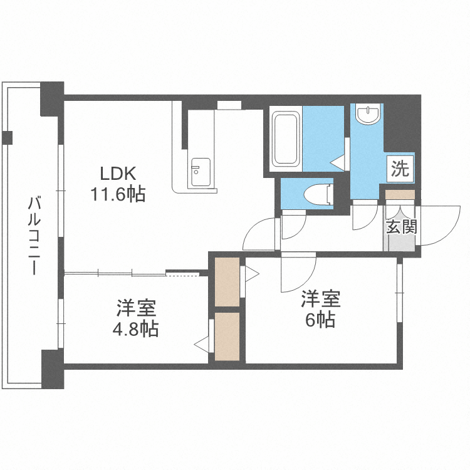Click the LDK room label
[x=116, y=173]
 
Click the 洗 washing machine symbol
[x=400, y=168]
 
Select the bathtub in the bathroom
[x=286, y=138]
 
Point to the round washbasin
[x=367, y=115]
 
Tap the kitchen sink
[x=201, y=170]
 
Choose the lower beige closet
[x=226, y=337]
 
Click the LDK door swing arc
[x=260, y=235]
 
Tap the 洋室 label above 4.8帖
[x=135, y=308]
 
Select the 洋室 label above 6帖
[x=320, y=299]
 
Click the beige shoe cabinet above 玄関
[x=399, y=195]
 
